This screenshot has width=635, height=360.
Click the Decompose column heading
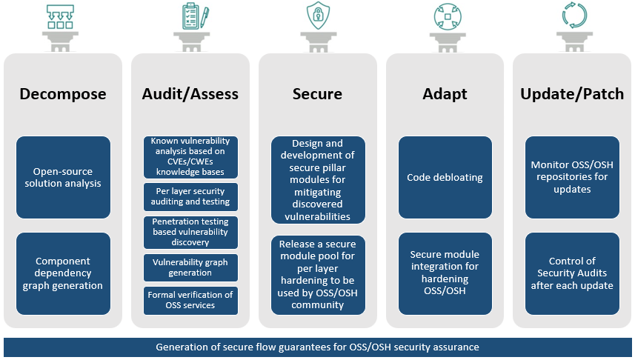tap(63, 94)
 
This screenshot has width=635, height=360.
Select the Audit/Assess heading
tap(190, 94)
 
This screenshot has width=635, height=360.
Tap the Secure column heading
tap(317, 94)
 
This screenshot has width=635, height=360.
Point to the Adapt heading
tap(445, 94)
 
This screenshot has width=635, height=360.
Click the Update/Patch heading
tap(572, 94)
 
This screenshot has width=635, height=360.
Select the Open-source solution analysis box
tap(63, 177)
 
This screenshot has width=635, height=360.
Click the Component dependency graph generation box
tap(63, 273)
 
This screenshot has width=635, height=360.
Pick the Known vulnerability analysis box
tap(190, 157)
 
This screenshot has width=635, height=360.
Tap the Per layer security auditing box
tap(190, 196)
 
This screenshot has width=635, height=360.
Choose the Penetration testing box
tap(190, 232)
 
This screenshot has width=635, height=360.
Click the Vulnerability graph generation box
tap(190, 267)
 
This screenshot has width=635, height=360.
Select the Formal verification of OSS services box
tap(190, 300)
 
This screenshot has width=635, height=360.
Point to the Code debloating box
tap(445, 178)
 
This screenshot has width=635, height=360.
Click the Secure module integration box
tap(445, 273)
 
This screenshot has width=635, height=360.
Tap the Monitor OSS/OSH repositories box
tap(572, 178)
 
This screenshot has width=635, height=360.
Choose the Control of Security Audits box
tap(572, 273)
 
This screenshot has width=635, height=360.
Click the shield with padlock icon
tap(317, 16)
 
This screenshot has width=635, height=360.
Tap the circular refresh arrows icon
tap(572, 16)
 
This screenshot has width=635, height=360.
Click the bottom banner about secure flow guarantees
tap(317, 347)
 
